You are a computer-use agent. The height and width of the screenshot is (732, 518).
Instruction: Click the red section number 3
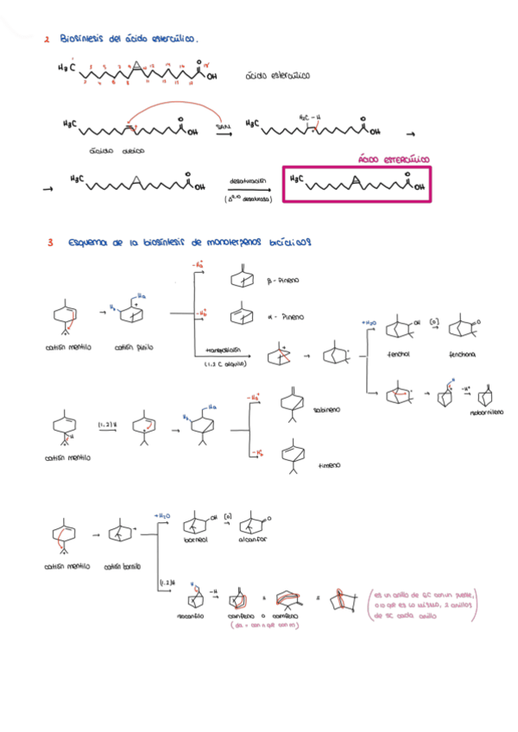tap(51, 243)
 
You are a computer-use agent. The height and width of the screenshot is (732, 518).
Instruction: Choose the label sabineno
tap(327, 410)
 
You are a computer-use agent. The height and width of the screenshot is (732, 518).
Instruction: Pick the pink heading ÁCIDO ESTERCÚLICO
tap(393, 160)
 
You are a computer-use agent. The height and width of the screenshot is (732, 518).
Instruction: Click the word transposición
tap(223, 351)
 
